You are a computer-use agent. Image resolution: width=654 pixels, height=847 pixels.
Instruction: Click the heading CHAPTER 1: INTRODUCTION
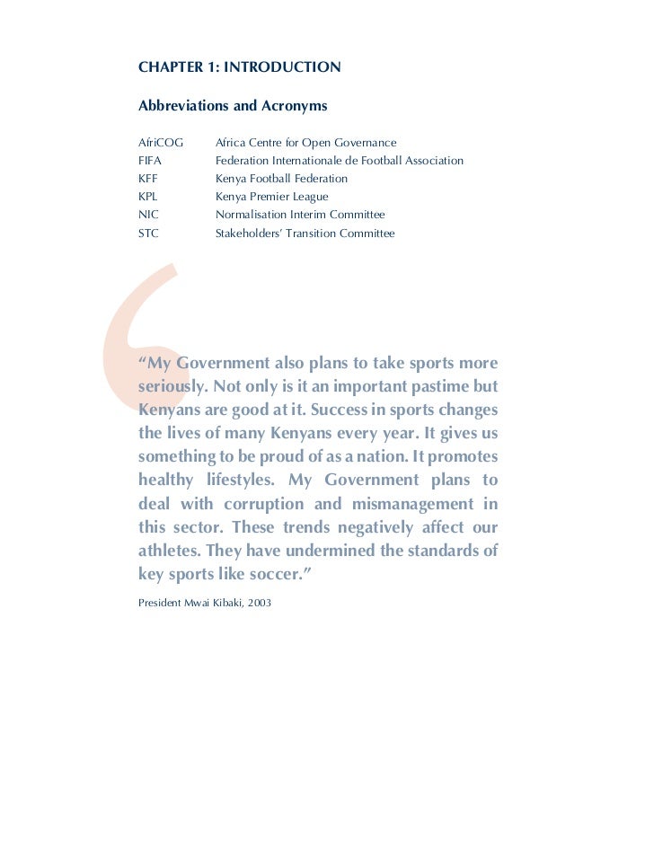[239, 67]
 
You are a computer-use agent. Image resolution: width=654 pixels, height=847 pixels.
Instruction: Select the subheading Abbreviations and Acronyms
[233, 107]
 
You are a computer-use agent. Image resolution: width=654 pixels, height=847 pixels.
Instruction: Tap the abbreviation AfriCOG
[161, 143]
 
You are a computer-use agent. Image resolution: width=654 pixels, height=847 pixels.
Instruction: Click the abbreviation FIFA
[150, 161]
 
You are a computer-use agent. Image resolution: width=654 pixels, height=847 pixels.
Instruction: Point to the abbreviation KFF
[148, 179]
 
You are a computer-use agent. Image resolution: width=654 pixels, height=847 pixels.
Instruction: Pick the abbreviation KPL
[148, 197]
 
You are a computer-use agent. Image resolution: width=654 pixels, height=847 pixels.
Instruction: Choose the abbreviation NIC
[148, 215]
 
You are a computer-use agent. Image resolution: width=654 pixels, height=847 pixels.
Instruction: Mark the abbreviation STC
[148, 234]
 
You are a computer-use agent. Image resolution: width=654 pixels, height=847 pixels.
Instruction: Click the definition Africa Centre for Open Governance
[305, 143]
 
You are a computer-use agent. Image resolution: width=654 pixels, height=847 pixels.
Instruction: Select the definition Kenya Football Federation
[281, 179]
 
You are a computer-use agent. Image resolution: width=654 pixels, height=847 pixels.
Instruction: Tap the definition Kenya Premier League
[271, 197]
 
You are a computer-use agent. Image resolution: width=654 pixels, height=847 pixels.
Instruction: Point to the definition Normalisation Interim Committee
[299, 215]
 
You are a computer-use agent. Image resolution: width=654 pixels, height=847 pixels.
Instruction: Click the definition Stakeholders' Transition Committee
[305, 234]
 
